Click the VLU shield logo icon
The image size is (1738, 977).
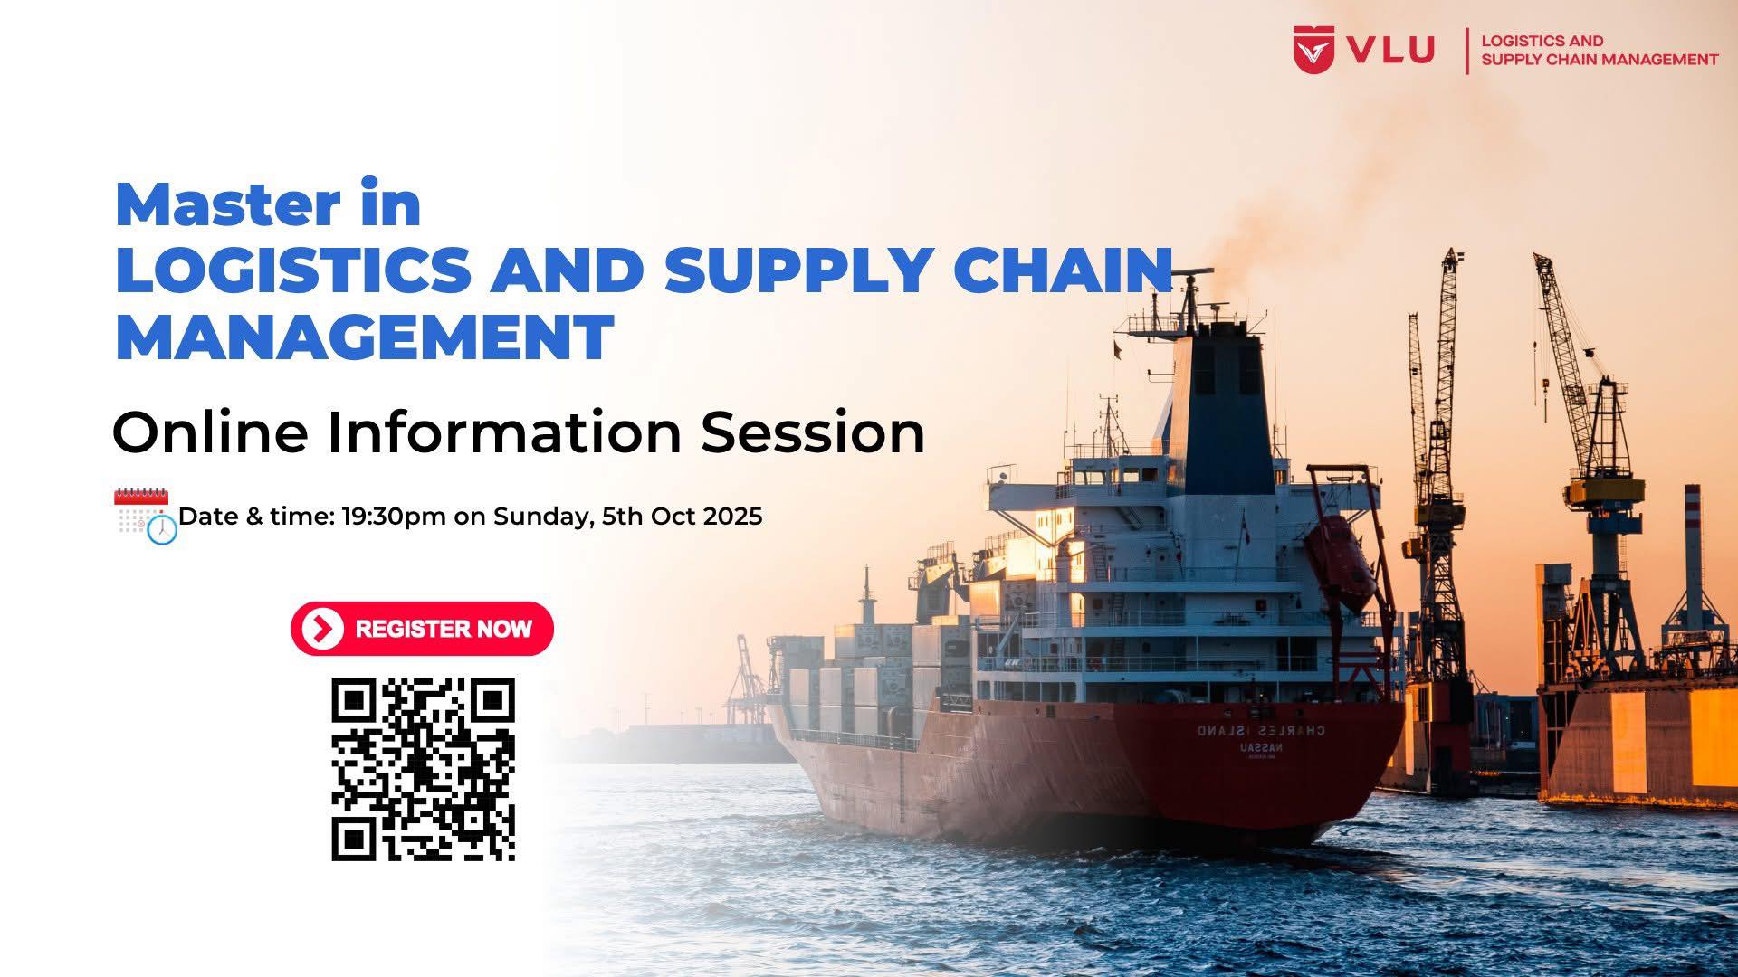1313,50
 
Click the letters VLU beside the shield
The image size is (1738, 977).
1390,50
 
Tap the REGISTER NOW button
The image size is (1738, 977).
422,629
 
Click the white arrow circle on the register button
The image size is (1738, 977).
323,629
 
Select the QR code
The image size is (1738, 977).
424,769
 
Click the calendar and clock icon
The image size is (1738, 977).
145,516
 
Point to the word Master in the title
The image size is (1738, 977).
230,205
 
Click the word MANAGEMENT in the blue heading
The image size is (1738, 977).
364,337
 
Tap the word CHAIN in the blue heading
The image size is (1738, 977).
1064,270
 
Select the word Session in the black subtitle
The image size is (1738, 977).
813,432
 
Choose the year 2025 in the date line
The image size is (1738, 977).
732,516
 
